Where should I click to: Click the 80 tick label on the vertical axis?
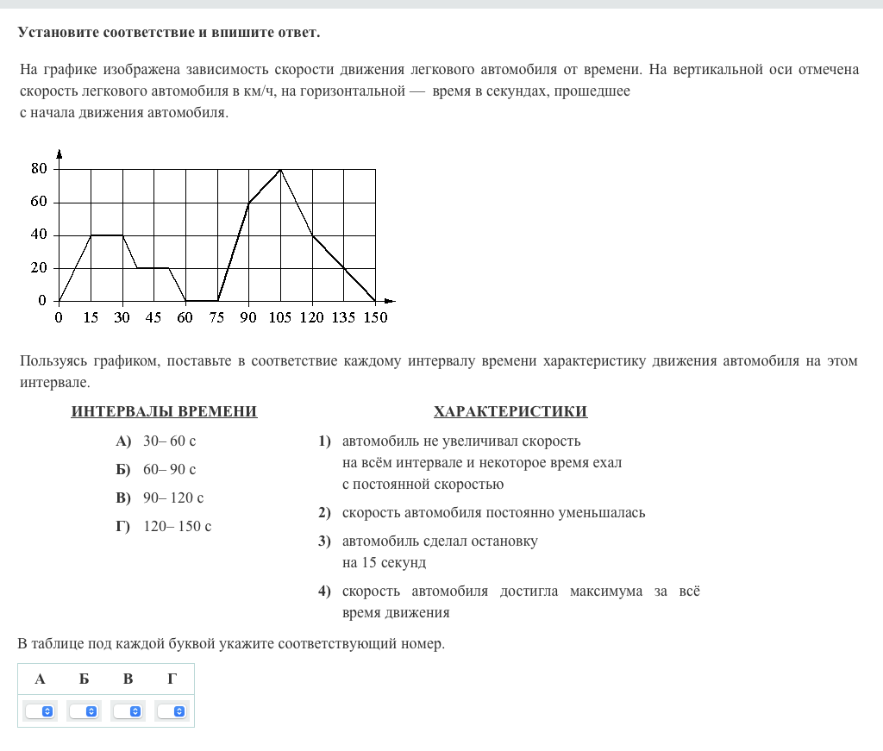point(39,169)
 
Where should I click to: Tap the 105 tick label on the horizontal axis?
point(279,317)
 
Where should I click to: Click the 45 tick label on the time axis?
point(153,317)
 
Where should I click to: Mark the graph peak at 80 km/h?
point(280,170)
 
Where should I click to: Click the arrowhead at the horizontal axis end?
point(390,301)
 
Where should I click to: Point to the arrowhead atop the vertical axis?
point(59,154)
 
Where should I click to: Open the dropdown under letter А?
point(40,711)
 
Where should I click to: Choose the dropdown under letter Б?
point(85,711)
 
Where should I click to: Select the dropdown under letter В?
point(128,711)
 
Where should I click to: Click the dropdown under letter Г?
point(172,711)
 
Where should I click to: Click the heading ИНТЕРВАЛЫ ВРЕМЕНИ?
point(164,411)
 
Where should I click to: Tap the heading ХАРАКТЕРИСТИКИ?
point(510,411)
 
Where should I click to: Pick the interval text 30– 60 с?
point(170,441)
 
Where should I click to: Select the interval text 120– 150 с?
point(177,526)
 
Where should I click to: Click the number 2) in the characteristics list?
point(324,513)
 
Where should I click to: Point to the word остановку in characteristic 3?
point(501,541)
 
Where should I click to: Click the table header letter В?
point(128,679)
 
